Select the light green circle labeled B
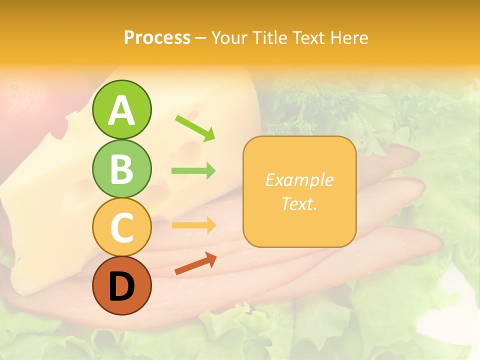tap(121, 168)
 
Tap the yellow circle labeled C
tap(121, 227)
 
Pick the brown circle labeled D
tap(121, 285)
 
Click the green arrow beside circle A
tap(195, 128)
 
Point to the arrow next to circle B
tap(193, 171)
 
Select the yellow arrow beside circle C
tap(193, 225)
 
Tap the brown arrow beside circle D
tap(195, 263)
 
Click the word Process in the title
tap(157, 37)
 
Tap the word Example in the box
tap(299, 180)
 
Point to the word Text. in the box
tap(299, 203)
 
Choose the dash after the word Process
tap(200, 38)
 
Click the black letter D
tap(121, 287)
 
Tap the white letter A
tap(121, 111)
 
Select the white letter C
tap(121, 228)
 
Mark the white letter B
tap(121, 169)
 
